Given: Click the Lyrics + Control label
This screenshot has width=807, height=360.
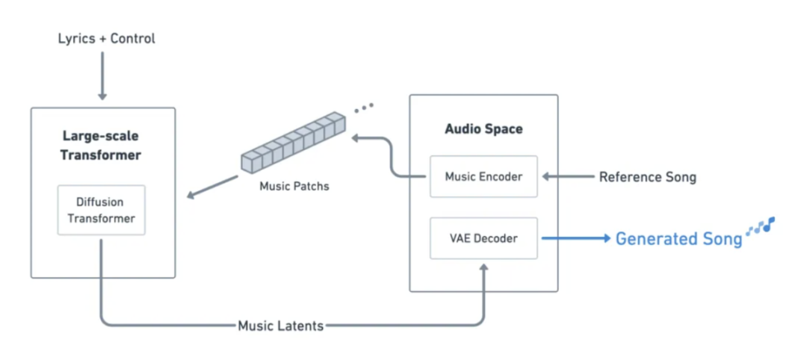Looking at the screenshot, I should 106,38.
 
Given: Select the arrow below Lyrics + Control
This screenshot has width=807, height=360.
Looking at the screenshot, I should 102,78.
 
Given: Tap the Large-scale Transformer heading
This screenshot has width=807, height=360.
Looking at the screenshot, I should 101,146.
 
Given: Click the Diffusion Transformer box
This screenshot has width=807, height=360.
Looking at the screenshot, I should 101,210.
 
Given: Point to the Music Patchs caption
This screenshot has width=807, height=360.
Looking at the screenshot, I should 294,186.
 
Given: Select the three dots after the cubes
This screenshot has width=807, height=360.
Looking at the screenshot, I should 363,108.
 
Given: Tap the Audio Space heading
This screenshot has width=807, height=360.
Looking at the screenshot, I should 483,128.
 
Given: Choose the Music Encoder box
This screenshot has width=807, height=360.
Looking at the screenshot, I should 483,177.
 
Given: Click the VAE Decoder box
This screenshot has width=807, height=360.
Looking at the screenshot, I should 483,238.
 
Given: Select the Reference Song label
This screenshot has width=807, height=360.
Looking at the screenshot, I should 647,177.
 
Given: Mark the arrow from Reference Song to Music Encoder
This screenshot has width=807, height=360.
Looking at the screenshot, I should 568,177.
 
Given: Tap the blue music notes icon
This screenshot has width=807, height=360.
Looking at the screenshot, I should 761,226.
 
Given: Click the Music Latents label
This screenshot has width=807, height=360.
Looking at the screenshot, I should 280,326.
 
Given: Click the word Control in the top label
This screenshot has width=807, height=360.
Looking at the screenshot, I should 133,38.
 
